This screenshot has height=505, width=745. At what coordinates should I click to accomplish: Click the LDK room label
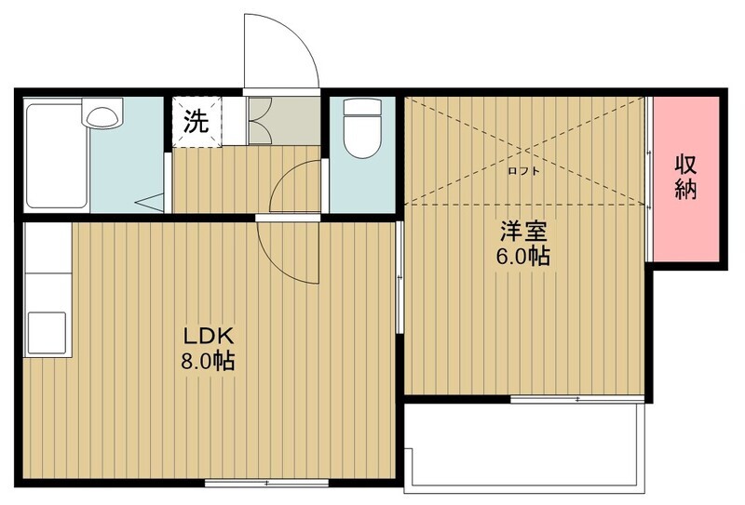pyautogui.click(x=209, y=336)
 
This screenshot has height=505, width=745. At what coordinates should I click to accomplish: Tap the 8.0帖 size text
pyautogui.click(x=208, y=362)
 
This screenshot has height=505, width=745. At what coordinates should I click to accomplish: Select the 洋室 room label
pyautogui.click(x=523, y=232)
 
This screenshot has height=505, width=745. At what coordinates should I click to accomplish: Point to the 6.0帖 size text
pyautogui.click(x=523, y=257)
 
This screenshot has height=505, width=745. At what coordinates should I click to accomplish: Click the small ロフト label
pyautogui.click(x=523, y=171)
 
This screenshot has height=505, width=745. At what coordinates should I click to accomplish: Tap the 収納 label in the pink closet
pyautogui.click(x=685, y=178)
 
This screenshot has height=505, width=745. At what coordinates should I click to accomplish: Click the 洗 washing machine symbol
pyautogui.click(x=196, y=122)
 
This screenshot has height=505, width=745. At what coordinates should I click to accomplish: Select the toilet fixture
pyautogui.click(x=362, y=128)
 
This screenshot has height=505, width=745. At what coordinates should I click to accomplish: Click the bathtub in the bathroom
pyautogui.click(x=56, y=155)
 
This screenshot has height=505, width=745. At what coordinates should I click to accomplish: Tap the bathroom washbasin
pyautogui.click(x=102, y=113)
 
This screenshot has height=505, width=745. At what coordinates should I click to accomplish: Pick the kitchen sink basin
pyautogui.click(x=47, y=333)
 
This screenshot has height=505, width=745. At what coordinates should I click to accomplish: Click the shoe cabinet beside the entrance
pyautogui.click(x=284, y=121)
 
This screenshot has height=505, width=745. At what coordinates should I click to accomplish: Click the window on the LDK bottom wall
pyautogui.click(x=266, y=483)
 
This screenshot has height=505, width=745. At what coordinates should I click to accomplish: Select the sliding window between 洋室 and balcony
pyautogui.click(x=577, y=399)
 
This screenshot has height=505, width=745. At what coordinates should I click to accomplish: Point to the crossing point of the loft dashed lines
pyautogui.click(x=525, y=151)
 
